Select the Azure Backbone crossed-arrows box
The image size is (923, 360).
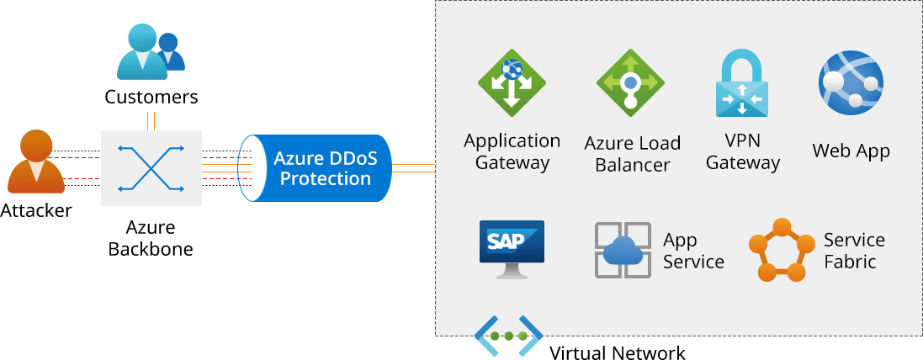[x=151, y=168]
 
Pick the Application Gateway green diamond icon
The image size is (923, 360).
[x=512, y=82]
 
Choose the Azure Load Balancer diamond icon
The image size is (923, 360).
[x=631, y=82]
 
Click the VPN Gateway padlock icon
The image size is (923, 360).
[x=742, y=83]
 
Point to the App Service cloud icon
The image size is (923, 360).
[x=623, y=250]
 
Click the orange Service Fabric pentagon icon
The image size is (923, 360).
[x=782, y=250]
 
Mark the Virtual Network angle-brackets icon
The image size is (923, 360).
[x=508, y=336]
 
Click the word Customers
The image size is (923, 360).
[x=151, y=98]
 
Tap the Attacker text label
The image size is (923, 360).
[x=36, y=210]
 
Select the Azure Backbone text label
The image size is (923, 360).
[x=151, y=238]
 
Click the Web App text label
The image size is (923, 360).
[x=851, y=151]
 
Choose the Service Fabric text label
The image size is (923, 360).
[x=854, y=251]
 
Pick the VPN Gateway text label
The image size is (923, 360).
[x=743, y=152]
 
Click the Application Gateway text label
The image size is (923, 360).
[x=512, y=151]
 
